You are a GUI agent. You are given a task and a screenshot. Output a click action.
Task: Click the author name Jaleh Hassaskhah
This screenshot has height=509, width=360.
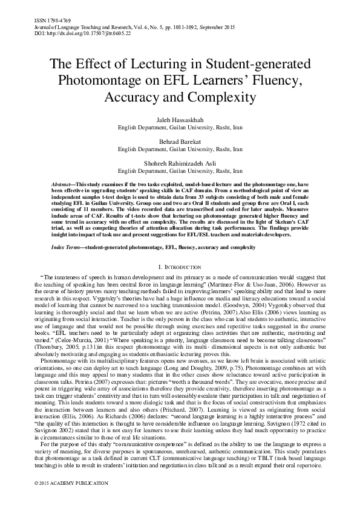(180, 122)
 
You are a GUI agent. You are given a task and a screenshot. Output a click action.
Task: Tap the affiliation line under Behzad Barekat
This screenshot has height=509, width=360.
(180, 148)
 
